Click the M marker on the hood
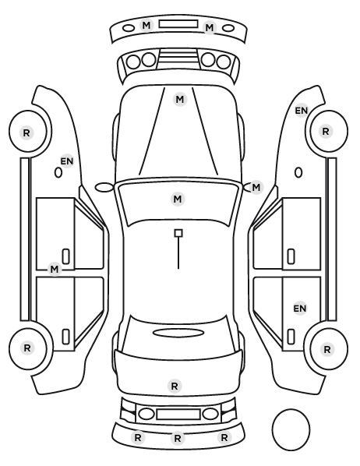pos(180,100)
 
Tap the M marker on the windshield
pos(178,199)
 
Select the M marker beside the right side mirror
pos(256,188)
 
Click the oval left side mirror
pos(104,187)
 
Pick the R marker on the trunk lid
pos(175,386)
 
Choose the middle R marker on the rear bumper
pos(178,438)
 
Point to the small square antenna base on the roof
pos(178,233)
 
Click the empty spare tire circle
pos(291,429)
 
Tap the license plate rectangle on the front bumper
pos(178,24)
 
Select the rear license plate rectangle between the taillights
pos(178,414)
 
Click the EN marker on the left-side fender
pos(66,161)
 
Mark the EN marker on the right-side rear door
pos(300,309)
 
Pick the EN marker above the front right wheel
pos(301,111)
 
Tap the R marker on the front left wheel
pos(26,132)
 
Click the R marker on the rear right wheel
pos(327,349)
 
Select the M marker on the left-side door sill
pos(55,270)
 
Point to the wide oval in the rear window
pos(178,333)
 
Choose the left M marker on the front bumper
pos(146,25)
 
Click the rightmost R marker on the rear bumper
pos(224,437)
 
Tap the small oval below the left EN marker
pos(58,172)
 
